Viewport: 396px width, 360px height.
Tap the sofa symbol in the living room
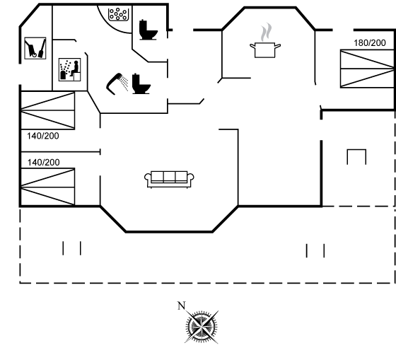click(169, 180)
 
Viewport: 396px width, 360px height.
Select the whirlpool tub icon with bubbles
click(119, 14)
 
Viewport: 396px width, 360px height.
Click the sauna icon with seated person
click(70, 69)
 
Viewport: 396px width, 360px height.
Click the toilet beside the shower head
click(141, 84)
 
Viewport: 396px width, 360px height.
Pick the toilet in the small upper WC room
click(148, 30)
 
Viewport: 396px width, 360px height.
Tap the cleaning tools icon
click(35, 48)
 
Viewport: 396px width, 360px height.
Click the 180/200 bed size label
click(370, 43)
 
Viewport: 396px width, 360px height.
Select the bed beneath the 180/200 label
click(367, 69)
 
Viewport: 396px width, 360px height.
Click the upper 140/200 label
click(43, 136)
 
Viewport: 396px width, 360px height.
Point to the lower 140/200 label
click(43, 163)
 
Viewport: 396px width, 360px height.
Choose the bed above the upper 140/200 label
click(48, 110)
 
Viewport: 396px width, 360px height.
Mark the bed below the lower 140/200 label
click(48, 187)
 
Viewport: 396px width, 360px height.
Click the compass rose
click(202, 327)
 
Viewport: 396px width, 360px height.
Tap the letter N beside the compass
click(181, 306)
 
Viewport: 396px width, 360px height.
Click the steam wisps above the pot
click(266, 32)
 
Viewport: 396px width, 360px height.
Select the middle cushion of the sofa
click(169, 176)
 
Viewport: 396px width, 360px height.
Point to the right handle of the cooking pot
click(277, 46)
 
